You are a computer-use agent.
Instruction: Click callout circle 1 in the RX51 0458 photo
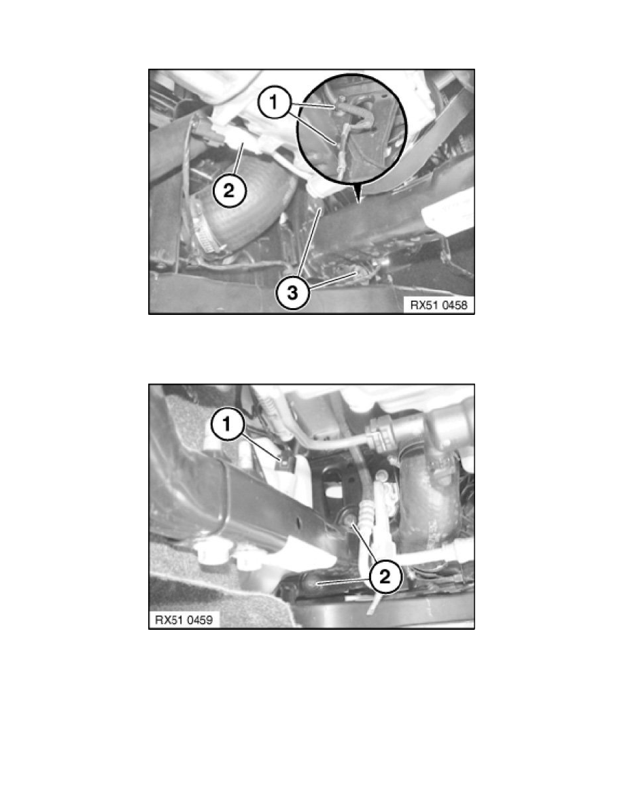(275, 103)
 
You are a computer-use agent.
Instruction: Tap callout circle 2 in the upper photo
(228, 191)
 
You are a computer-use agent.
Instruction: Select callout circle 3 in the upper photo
(292, 293)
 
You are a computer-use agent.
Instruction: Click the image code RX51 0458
(438, 305)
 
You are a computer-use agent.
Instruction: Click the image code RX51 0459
(184, 620)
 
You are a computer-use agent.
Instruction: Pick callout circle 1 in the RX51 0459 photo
(227, 424)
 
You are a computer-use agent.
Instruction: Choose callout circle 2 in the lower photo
(385, 576)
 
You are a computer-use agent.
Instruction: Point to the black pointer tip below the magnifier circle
(358, 198)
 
